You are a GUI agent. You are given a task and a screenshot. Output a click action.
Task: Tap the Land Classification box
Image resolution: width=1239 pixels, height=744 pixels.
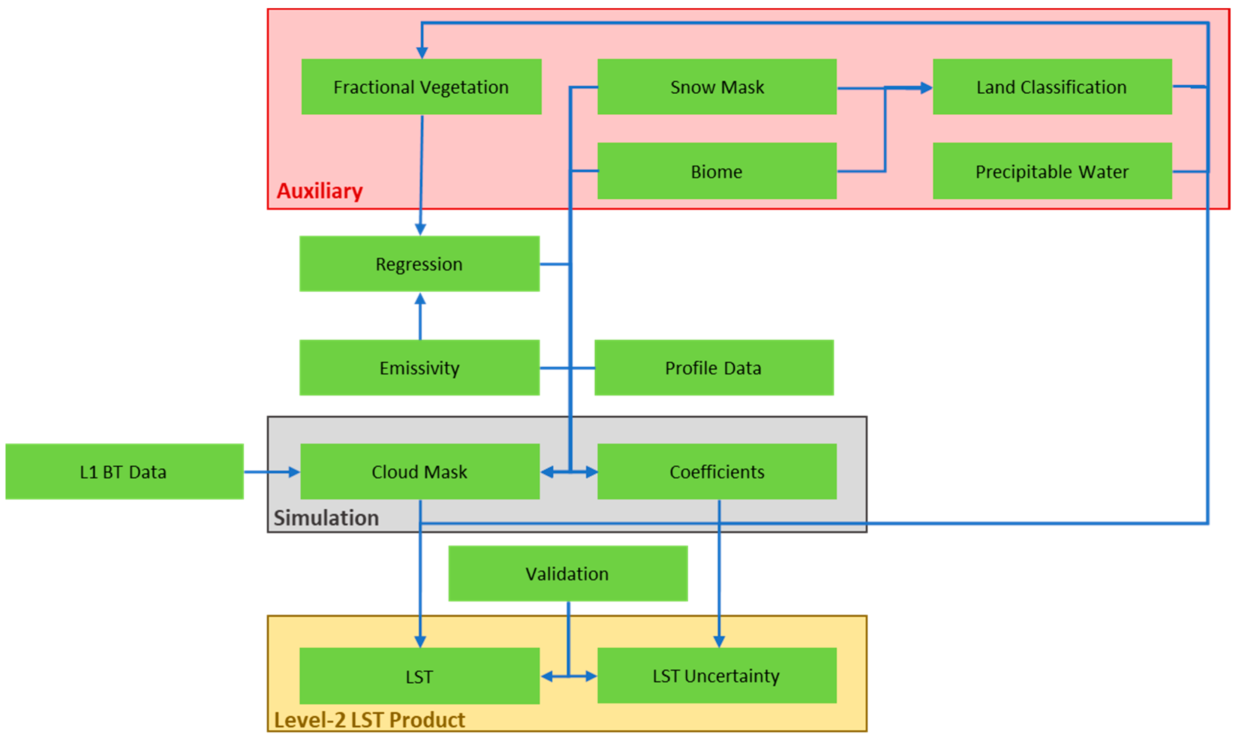1052,87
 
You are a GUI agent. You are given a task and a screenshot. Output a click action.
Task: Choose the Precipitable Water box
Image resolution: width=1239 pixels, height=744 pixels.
1052,171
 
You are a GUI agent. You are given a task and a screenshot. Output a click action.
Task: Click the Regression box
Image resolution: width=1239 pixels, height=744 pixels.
419,264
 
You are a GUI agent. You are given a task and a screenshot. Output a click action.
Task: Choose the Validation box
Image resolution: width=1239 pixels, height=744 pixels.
567,573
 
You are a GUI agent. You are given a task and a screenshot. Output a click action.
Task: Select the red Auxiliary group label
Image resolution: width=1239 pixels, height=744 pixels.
319,191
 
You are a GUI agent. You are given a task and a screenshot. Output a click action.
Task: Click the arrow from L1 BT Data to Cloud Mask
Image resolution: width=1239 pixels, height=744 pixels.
271,472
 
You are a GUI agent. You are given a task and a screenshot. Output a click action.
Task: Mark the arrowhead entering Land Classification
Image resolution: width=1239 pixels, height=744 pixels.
926,88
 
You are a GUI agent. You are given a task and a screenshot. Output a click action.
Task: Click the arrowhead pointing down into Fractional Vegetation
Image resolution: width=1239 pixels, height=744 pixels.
422,52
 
